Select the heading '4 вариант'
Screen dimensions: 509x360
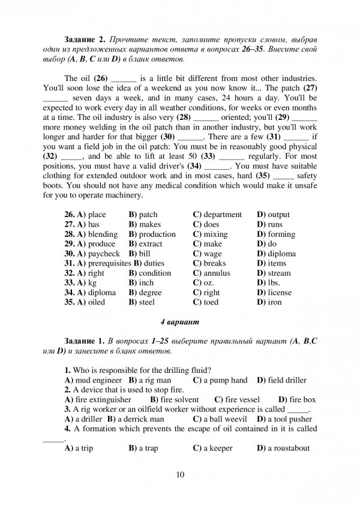click(x=180, y=322)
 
